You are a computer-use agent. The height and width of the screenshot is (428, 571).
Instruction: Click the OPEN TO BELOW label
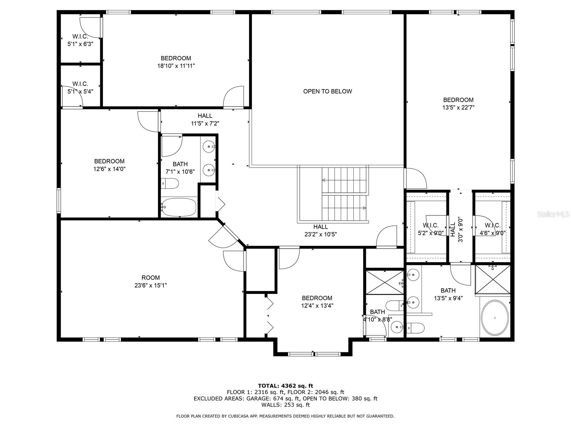[x=327, y=91]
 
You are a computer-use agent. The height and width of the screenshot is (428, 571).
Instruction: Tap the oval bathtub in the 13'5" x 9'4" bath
[x=495, y=317]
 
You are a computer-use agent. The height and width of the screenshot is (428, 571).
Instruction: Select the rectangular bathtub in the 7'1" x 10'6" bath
[x=178, y=207]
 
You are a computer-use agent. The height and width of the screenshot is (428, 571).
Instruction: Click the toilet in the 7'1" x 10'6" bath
[x=170, y=184]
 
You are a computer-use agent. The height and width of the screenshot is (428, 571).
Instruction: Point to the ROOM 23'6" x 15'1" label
[x=151, y=281]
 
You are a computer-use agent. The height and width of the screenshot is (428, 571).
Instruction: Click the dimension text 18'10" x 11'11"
[x=176, y=66]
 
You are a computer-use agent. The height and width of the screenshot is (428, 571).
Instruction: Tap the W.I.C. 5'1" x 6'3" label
[x=80, y=40]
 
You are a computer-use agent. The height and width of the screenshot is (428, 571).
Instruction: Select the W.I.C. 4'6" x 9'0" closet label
[x=492, y=229]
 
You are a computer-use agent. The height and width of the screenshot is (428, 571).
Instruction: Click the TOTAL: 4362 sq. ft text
[x=285, y=386]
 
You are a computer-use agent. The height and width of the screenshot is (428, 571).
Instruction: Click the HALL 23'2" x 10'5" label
[x=320, y=230]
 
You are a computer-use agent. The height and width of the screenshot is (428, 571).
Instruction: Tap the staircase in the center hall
[x=344, y=194]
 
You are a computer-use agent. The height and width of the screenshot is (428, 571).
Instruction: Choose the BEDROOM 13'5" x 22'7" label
[x=458, y=103]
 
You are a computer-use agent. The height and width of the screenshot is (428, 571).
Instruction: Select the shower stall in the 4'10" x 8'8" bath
[x=384, y=282]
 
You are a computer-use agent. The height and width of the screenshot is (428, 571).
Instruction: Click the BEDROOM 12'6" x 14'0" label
[x=109, y=165]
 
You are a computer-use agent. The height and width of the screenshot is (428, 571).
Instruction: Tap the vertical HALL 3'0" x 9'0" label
[x=456, y=230]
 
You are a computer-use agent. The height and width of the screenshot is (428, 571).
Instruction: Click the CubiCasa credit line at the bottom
[x=285, y=416]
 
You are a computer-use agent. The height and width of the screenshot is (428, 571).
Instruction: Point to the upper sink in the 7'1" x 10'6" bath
[x=208, y=146]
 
